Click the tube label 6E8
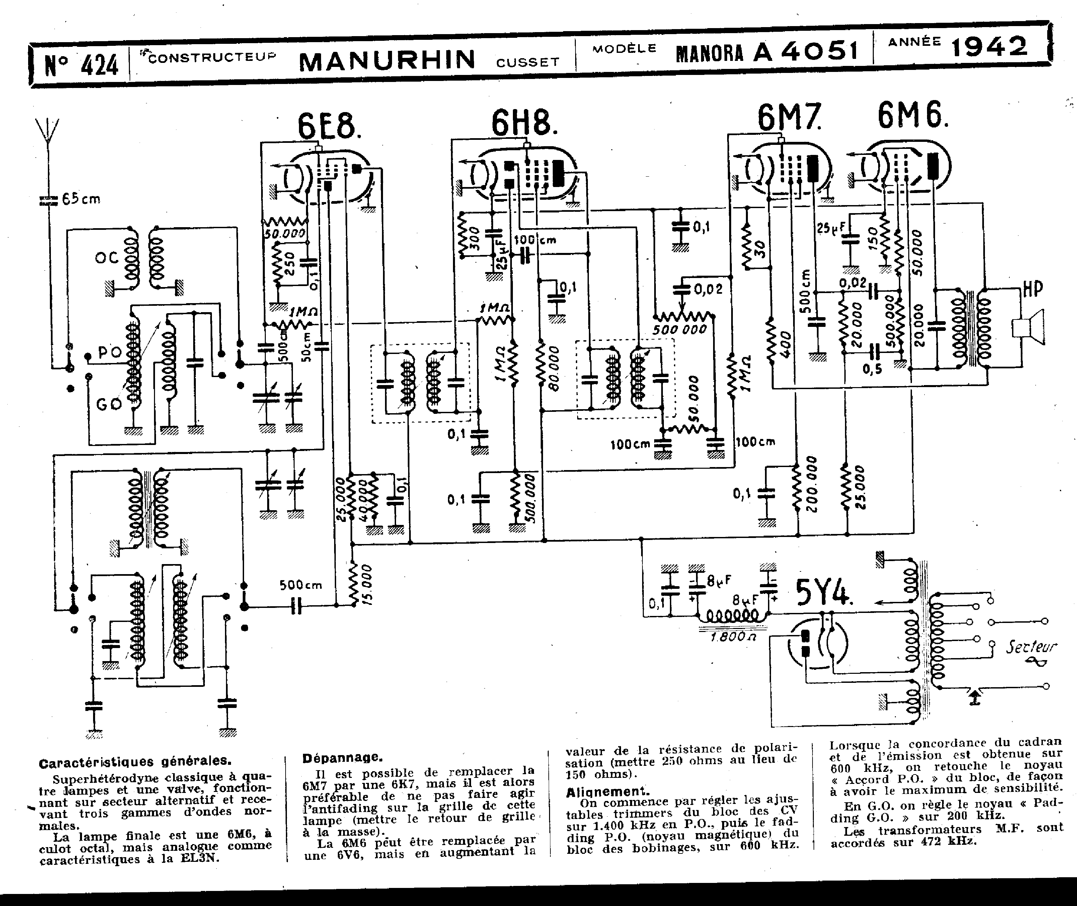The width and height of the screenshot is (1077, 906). click(x=328, y=126)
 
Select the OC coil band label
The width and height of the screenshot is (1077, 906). click(x=106, y=258)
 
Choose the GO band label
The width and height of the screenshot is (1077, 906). click(x=108, y=404)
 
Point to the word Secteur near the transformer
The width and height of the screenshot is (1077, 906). click(x=1031, y=647)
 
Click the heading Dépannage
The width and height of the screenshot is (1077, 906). click(x=342, y=757)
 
